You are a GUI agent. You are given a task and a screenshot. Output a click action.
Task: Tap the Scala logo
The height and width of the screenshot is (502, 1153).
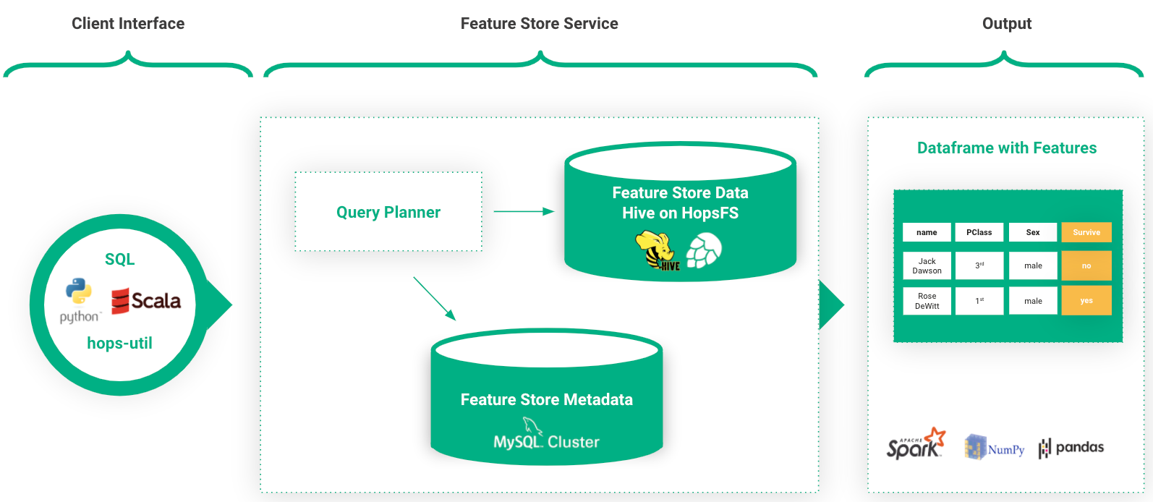pos(146,301)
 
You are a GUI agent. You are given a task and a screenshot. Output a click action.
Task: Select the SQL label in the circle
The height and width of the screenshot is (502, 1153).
pos(120,259)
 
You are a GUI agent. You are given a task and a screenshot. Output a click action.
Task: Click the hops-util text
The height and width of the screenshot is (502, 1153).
pos(119,343)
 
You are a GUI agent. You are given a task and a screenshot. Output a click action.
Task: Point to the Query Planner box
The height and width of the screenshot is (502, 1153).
pos(388,212)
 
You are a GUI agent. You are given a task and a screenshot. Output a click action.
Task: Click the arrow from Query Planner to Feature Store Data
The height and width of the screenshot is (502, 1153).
pos(524,211)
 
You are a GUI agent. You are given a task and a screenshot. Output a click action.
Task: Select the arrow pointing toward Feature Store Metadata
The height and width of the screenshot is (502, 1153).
pos(435,299)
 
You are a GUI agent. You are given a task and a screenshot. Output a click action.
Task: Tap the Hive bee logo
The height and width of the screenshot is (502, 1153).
pos(658,251)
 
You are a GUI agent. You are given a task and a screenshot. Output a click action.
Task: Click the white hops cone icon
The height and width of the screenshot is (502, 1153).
pos(704,250)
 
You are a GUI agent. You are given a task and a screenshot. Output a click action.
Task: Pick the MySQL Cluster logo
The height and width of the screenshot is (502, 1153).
pos(546,435)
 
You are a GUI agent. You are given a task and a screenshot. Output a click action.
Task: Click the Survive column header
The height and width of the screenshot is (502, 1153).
pos(1086,232)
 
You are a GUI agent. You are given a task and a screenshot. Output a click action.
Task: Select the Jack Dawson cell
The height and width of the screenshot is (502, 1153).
pos(927,265)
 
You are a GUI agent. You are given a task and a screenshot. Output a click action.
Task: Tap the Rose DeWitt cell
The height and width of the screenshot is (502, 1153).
pos(927,301)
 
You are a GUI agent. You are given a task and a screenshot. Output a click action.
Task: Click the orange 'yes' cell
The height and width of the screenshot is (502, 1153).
pos(1086,301)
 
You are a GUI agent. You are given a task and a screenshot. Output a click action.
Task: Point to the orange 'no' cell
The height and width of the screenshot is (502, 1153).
pos(1086,265)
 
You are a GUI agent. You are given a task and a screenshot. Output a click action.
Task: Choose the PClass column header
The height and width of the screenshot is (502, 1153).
pos(979,232)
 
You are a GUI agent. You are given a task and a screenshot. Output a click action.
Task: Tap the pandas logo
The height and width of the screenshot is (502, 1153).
pos(1071,448)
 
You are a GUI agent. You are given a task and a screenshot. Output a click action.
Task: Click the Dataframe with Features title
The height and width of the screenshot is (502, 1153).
pos(1007,148)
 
